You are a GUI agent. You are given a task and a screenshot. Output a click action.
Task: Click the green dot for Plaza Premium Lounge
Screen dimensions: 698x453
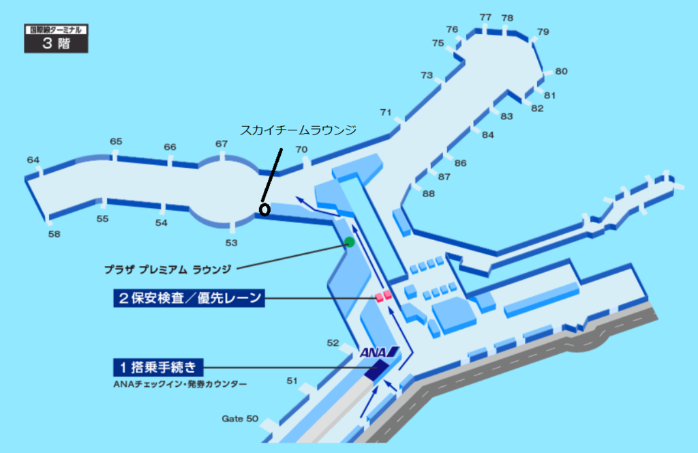[x=350, y=242]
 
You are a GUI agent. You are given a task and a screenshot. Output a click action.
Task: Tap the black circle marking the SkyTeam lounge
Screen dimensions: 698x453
[x=264, y=210]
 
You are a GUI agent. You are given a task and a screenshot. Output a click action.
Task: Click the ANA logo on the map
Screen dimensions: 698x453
[x=379, y=352]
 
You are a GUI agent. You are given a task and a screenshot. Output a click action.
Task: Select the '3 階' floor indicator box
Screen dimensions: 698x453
[x=56, y=39]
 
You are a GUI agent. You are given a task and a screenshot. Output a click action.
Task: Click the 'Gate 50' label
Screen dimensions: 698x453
[x=240, y=419]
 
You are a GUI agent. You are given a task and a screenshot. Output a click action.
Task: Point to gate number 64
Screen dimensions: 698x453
[x=33, y=160]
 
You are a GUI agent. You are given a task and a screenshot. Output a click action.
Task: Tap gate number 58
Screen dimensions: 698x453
[x=55, y=234]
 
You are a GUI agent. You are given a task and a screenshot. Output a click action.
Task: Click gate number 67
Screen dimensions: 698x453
[x=222, y=144]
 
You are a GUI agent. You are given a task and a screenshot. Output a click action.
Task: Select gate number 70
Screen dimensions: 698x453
[x=301, y=149]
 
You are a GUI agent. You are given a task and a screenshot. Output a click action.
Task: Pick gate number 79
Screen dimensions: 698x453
[x=543, y=31]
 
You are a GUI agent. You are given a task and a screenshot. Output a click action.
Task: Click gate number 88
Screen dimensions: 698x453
[x=428, y=194]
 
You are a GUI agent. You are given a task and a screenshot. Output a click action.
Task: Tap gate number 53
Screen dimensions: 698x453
[x=232, y=243]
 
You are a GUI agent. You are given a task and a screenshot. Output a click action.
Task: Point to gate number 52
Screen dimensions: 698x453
[x=333, y=343]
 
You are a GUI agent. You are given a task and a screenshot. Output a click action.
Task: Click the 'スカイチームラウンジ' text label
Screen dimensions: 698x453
[x=299, y=130]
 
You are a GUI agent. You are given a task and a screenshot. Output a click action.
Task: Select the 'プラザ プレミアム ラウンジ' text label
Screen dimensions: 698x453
[x=168, y=269]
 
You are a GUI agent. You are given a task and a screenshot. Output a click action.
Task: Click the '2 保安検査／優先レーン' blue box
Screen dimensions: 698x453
[x=189, y=298]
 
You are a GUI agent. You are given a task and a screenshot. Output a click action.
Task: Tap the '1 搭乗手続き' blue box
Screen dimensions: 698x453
[x=158, y=368]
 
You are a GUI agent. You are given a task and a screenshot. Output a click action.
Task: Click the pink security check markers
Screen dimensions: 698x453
[x=383, y=296]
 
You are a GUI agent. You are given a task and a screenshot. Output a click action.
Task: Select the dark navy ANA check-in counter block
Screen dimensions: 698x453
[x=376, y=370]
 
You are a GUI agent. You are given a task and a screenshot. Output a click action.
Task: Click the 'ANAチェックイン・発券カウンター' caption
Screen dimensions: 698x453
[x=180, y=384]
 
